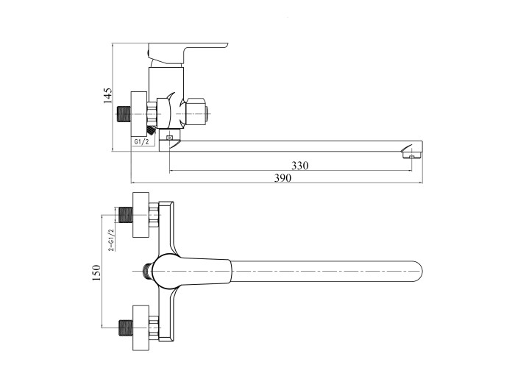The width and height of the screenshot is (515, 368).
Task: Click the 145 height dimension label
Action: coord(107,96)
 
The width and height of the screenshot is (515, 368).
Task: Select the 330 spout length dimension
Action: coord(300,166)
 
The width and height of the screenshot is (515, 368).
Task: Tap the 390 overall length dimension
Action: coord(283,178)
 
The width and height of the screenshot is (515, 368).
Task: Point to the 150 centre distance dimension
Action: coord(96,272)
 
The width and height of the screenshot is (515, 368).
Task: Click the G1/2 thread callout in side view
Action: coord(142,141)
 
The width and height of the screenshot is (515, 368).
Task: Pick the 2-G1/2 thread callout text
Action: coord(112,240)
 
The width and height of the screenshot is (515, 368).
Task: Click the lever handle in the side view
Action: coord(187,52)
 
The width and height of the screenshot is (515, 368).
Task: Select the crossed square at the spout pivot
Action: coord(170,138)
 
